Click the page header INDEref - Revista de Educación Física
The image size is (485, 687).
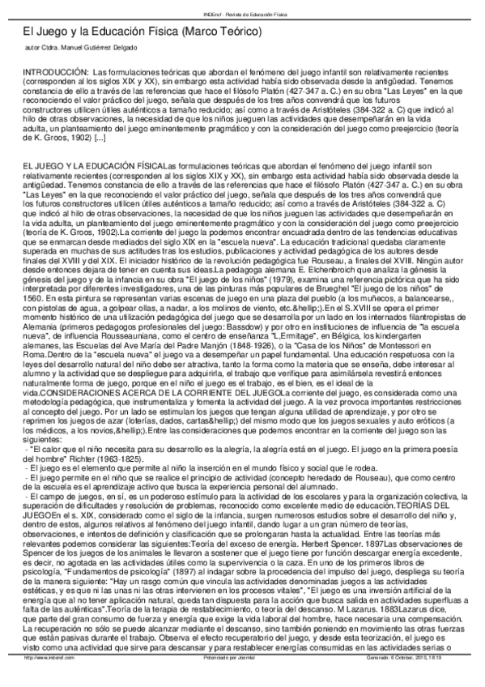(242, 6)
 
